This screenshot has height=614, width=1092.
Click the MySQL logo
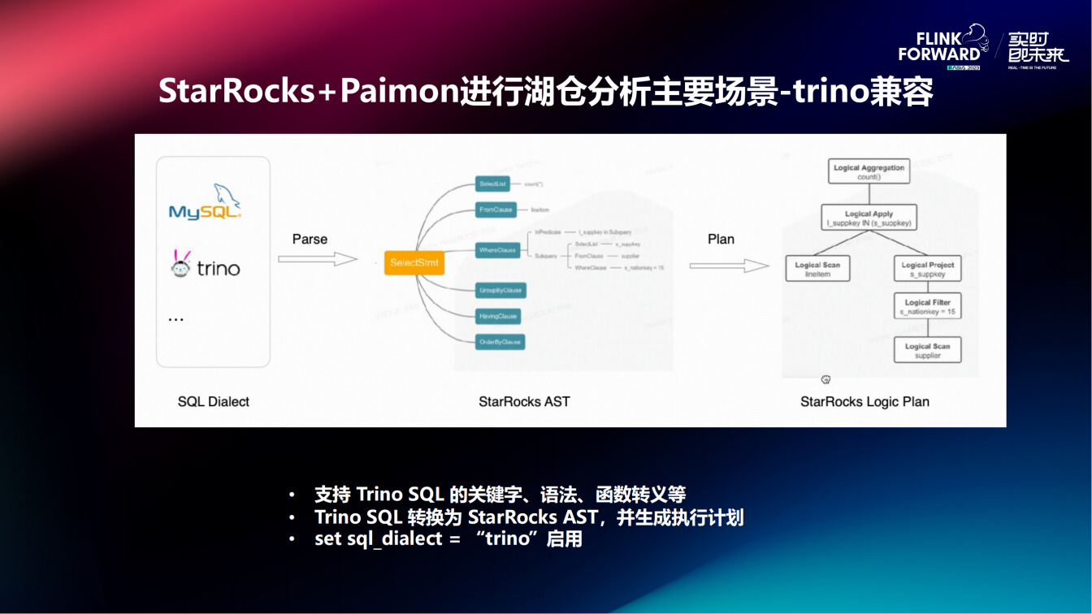(205, 202)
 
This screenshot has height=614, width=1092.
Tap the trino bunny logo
(180, 264)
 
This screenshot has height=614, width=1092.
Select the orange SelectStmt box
(414, 263)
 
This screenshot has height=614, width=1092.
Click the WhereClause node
(498, 250)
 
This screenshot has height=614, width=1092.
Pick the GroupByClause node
(500, 290)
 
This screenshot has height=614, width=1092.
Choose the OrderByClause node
(500, 342)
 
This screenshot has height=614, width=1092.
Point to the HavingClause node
(498, 316)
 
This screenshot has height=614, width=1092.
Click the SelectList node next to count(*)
(492, 184)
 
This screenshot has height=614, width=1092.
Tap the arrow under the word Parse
(318, 259)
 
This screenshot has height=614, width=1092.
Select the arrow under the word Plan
(729, 266)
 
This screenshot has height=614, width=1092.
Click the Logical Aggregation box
(869, 171)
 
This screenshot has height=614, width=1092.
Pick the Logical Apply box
(869, 218)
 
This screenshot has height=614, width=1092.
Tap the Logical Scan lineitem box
(817, 269)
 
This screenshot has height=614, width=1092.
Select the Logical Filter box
(927, 306)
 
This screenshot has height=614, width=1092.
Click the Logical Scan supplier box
(927, 350)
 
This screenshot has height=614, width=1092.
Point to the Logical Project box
(927, 269)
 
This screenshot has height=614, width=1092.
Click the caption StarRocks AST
(524, 401)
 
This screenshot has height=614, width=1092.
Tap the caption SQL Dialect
(214, 401)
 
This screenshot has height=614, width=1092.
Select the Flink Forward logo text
(939, 47)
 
